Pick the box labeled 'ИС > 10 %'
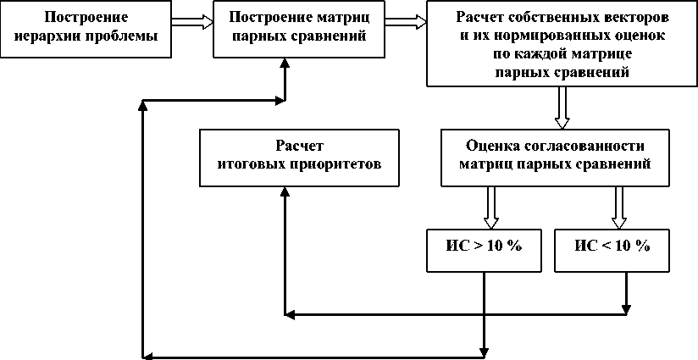coord(483,246)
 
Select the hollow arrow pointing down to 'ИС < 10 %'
coord(618,207)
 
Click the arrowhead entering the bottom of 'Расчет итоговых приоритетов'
coord(285,193)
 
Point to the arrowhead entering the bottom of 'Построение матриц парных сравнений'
coord(285,64)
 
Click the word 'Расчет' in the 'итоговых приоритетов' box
coord(299,145)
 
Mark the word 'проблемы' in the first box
coord(125,36)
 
